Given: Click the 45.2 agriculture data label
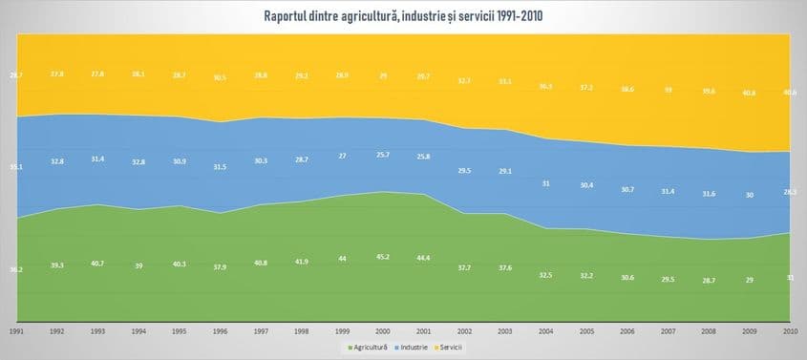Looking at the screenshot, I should (x=382, y=256).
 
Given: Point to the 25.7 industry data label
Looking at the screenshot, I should (x=382, y=155).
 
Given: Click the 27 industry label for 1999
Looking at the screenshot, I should (x=342, y=156).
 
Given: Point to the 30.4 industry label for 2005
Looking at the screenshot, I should (x=585, y=185).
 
